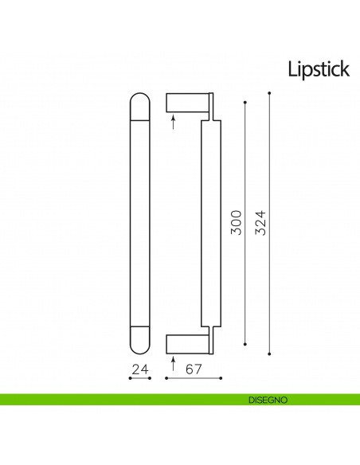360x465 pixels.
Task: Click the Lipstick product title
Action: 319,69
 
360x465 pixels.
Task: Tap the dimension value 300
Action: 235,222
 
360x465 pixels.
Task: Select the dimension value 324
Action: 260,223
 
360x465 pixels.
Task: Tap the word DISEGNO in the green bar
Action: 262,399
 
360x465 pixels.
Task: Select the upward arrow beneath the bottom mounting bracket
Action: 174,362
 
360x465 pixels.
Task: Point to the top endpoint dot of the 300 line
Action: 245,104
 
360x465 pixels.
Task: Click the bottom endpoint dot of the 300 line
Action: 245,345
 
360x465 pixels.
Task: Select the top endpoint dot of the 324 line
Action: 271,94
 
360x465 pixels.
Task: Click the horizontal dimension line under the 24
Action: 139,378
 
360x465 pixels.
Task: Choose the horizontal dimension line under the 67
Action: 189,378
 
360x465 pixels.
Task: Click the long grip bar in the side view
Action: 209,224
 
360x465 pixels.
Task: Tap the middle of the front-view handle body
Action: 139,224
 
